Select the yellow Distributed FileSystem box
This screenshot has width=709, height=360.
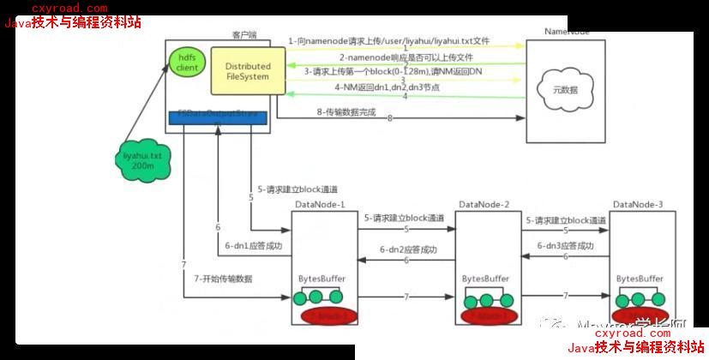247,71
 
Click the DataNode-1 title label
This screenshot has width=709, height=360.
320,204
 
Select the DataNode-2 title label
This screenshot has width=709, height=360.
484,204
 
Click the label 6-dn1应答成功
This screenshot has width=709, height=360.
252,246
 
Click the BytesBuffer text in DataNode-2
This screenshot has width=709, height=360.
485,279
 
